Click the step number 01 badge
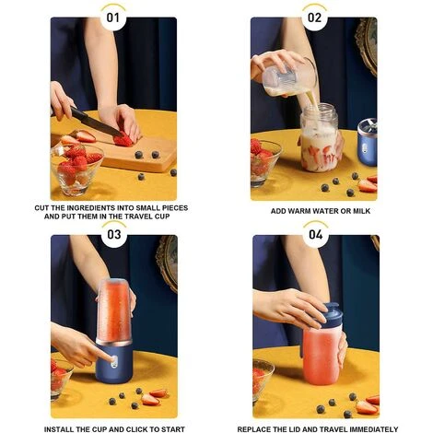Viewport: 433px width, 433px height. tap(113, 18)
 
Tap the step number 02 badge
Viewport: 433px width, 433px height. tap(314, 18)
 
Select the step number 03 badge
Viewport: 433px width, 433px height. tap(114, 235)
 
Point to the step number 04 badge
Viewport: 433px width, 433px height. tap(316, 235)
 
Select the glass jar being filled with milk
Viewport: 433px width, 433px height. tap(320, 137)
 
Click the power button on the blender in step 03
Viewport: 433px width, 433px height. tap(113, 362)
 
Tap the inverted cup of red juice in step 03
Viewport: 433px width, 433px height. tap(115, 310)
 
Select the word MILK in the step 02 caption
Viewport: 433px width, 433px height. tap(361, 211)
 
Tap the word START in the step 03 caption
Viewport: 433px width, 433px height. tap(173, 429)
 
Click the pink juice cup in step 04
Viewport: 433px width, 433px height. tap(322, 353)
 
